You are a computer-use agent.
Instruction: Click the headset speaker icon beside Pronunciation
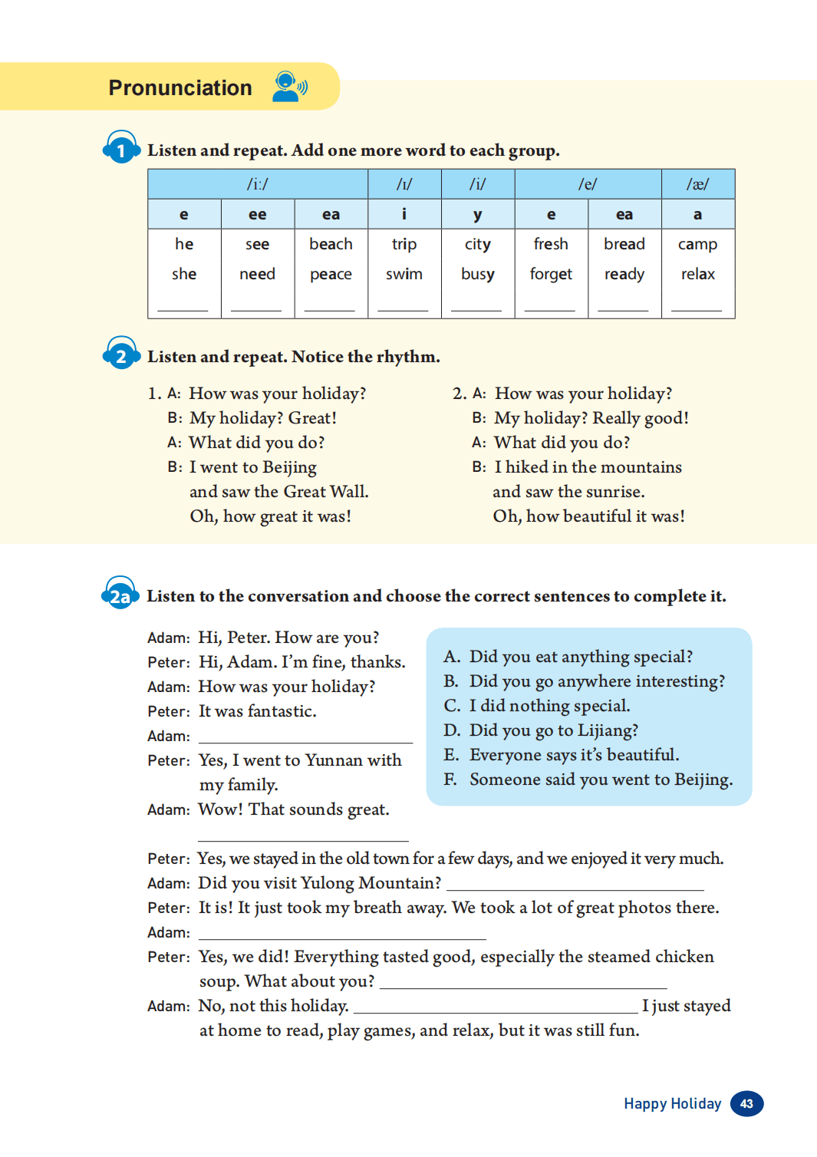[289, 86]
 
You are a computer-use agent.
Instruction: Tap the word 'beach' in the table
[331, 244]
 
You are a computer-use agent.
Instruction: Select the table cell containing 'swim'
[404, 274]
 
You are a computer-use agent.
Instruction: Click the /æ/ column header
[697, 184]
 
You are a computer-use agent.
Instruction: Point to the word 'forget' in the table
[551, 274]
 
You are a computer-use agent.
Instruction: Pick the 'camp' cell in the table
[697, 244]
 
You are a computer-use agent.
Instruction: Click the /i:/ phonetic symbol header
[258, 184]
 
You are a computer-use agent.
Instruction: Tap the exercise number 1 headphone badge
[120, 149]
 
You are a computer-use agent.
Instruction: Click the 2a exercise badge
[120, 595]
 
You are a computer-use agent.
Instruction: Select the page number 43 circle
[746, 1103]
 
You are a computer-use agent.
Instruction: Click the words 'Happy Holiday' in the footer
[672, 1103]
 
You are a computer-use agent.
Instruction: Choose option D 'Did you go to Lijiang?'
[553, 730]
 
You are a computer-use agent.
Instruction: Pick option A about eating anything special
[580, 657]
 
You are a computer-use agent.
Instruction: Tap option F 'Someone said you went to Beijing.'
[601, 780]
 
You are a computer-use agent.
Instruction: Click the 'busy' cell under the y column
[477, 274]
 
